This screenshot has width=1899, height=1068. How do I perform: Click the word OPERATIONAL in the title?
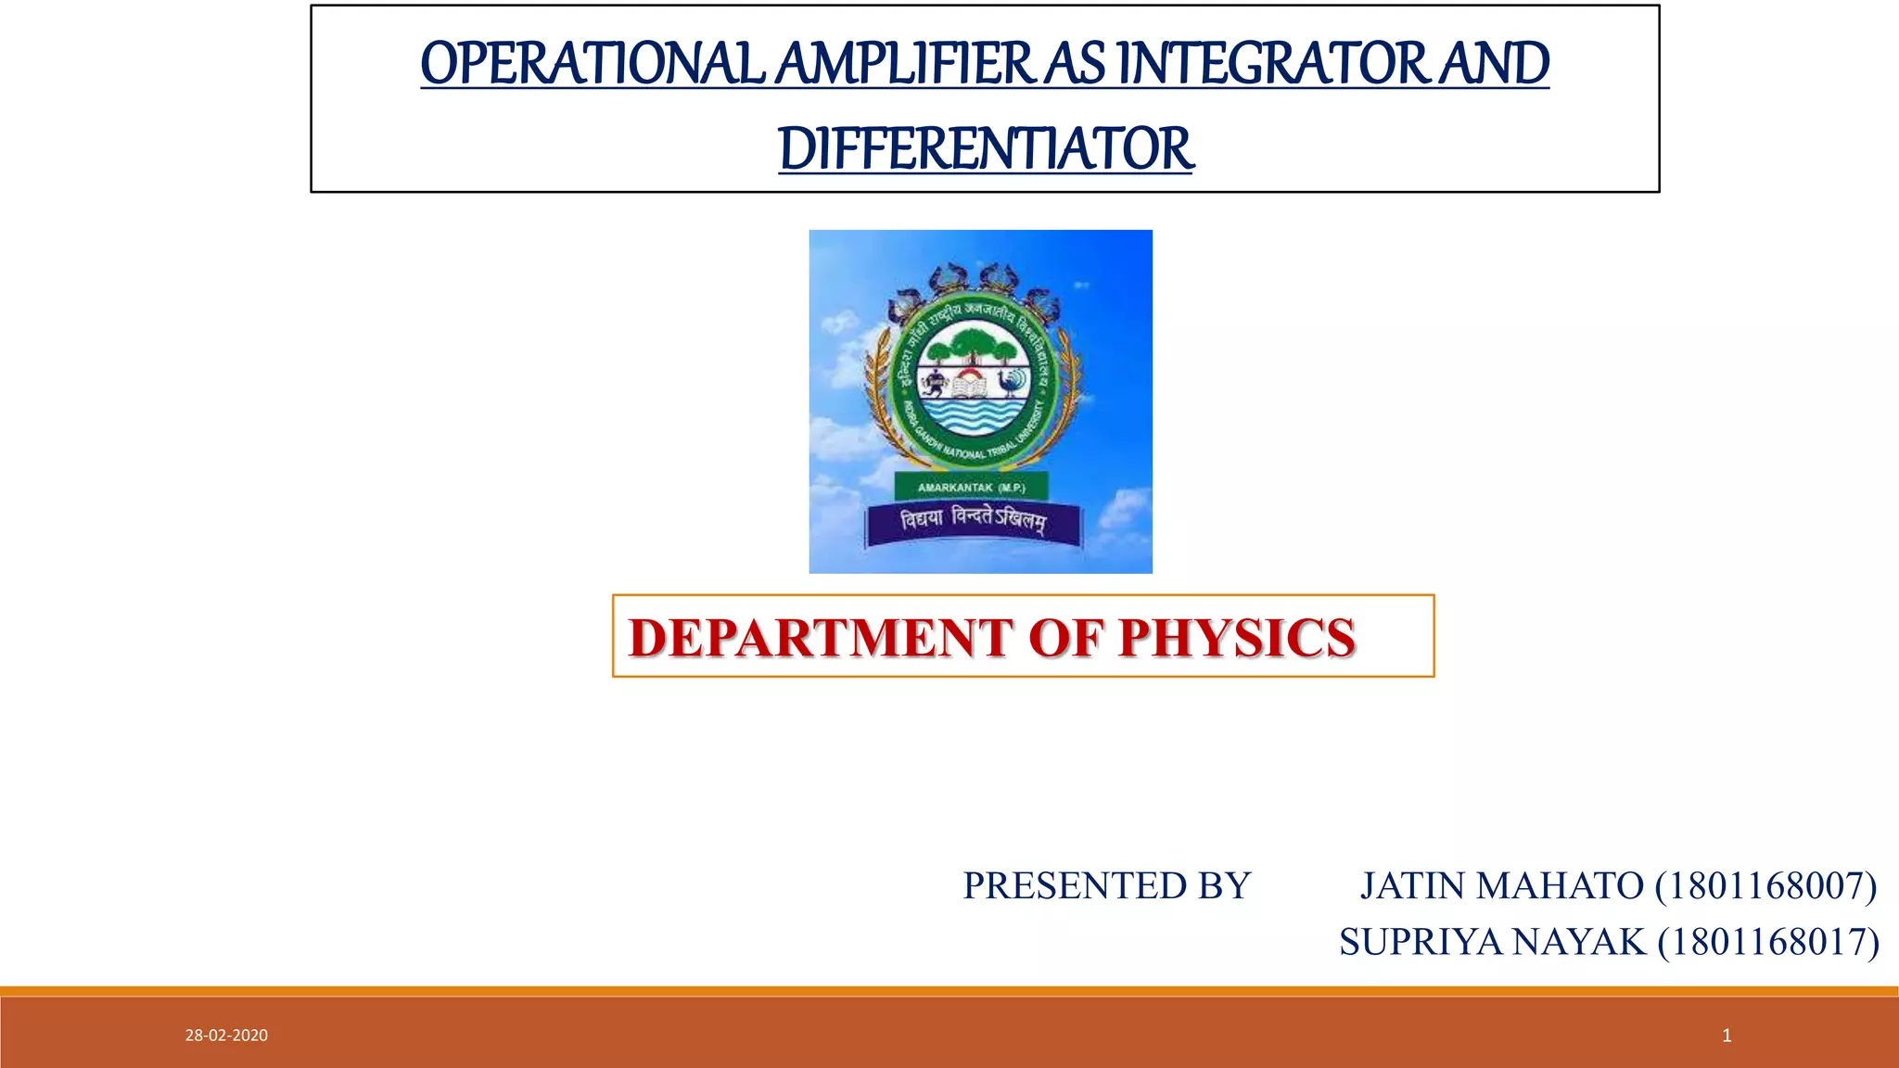(x=592, y=65)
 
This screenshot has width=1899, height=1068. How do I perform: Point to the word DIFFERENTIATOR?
(x=986, y=150)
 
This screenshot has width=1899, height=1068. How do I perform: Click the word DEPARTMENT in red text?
(x=820, y=639)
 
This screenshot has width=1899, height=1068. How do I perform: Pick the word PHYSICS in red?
(x=1236, y=639)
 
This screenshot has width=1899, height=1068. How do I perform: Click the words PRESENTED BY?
(x=1106, y=886)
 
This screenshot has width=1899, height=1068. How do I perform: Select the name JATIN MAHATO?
(x=1501, y=886)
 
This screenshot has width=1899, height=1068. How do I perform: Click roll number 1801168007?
(x=1766, y=886)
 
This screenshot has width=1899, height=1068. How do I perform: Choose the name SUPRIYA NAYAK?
(x=1492, y=943)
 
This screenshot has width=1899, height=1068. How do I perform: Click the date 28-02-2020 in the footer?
(x=226, y=1036)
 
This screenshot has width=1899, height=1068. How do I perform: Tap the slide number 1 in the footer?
(x=1727, y=1036)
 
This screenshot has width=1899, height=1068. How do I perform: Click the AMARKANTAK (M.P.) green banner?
(x=971, y=488)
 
